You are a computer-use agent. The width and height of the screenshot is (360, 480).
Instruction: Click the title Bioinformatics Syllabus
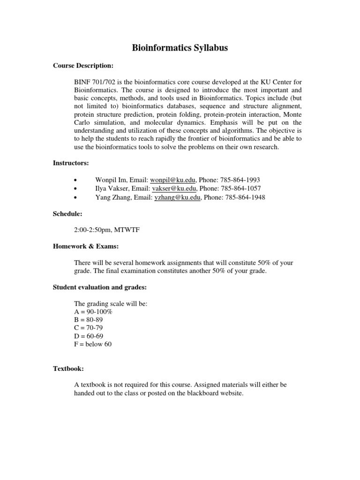pos(180,48)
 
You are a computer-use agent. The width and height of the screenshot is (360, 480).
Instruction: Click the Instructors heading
pos(71,163)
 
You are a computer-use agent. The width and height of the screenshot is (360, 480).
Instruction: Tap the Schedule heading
pos(67,214)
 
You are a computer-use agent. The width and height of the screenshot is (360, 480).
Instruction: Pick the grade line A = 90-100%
pos(93,312)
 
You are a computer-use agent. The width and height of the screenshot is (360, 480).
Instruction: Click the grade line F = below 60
pos(93,345)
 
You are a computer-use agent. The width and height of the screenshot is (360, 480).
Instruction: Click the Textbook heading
pos(68,369)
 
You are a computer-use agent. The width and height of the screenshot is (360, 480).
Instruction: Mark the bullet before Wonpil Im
pos(76,180)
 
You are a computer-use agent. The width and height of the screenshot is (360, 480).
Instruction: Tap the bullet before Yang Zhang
pos(76,198)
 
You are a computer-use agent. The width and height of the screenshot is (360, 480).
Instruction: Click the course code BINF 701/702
pos(96,82)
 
